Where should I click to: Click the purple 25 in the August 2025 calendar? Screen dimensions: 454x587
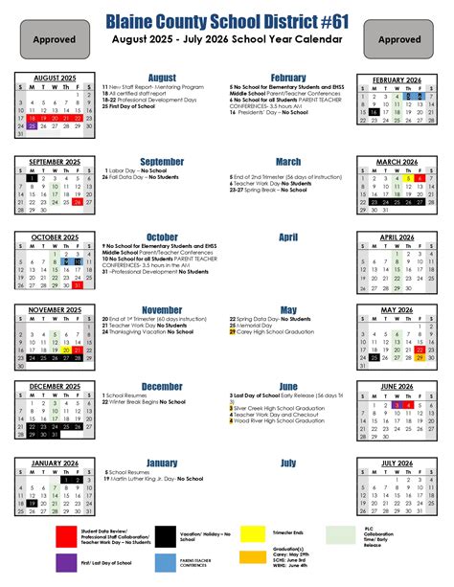click(33, 125)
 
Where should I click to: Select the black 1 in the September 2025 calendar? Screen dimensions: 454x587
click(33, 177)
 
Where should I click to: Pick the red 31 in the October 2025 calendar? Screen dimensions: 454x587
click(78, 285)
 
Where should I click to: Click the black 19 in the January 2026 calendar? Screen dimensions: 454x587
click(33, 502)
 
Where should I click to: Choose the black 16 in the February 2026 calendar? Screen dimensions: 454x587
click(373, 111)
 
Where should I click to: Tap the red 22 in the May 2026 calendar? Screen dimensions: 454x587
click(420, 350)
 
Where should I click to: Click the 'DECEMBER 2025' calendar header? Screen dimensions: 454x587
click(55, 386)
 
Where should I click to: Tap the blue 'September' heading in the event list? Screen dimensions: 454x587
click(162, 162)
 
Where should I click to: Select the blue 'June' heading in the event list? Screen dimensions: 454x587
click(288, 386)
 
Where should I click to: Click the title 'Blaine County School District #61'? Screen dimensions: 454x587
click(227, 20)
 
